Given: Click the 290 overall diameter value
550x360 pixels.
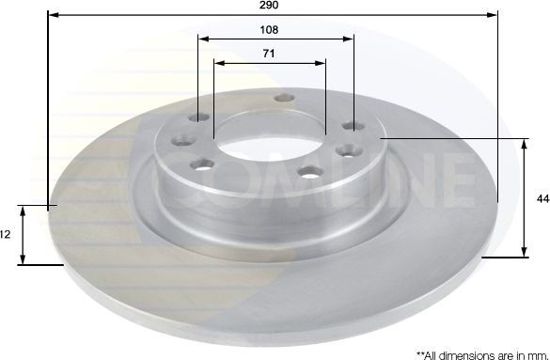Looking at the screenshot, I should point(271,5).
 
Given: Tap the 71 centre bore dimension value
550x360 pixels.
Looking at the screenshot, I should point(269,55).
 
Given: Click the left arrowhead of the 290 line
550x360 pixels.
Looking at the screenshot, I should point(50,15).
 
